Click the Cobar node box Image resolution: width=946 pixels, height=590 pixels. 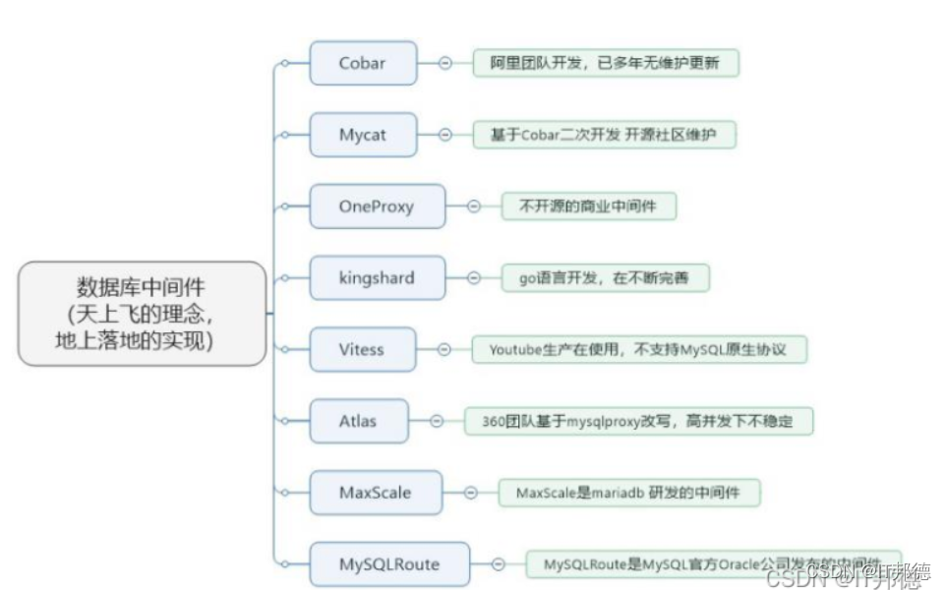click(x=363, y=64)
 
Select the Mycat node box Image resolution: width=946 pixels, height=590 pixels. click(x=363, y=135)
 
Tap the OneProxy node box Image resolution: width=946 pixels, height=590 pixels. click(x=377, y=206)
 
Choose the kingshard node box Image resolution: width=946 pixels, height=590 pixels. click(x=377, y=278)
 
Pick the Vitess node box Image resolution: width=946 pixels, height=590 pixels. click(x=362, y=349)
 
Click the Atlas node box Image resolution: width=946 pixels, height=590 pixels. click(x=358, y=421)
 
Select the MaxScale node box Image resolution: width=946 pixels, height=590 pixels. click(x=376, y=493)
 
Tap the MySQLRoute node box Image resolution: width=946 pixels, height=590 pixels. click(x=389, y=564)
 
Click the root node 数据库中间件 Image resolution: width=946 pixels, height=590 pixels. click(x=142, y=314)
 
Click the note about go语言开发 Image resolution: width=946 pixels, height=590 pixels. click(x=604, y=278)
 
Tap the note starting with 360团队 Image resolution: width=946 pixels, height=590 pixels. click(x=638, y=421)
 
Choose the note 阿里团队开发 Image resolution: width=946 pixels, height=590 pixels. click(x=605, y=64)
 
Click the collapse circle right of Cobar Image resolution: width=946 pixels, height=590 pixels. click(x=444, y=63)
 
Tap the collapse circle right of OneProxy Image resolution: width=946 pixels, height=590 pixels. click(x=473, y=206)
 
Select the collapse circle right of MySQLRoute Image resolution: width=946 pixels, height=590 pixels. click(x=499, y=564)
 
